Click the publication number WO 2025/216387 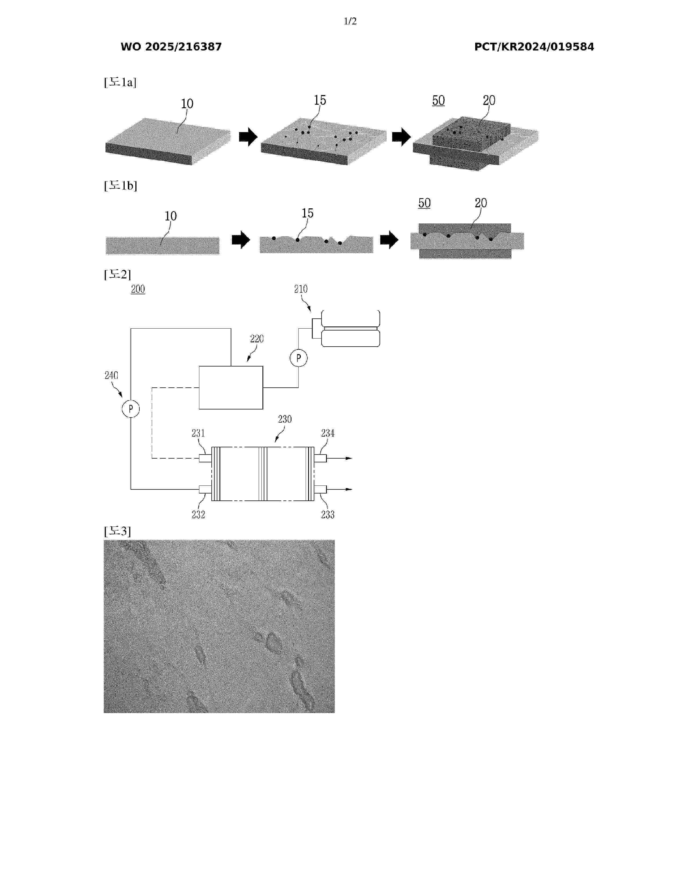tap(171, 47)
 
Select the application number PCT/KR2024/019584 tap(534, 47)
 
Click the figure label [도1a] tap(120, 82)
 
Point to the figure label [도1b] tap(121, 186)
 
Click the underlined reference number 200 tap(138, 289)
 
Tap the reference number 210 tap(301, 289)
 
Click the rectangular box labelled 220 tap(231, 387)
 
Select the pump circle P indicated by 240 tap(131, 409)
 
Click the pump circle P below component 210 tap(299, 358)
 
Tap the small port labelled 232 tap(205, 489)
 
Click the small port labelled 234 tap(320, 458)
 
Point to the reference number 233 tap(328, 514)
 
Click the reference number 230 tap(285, 419)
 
